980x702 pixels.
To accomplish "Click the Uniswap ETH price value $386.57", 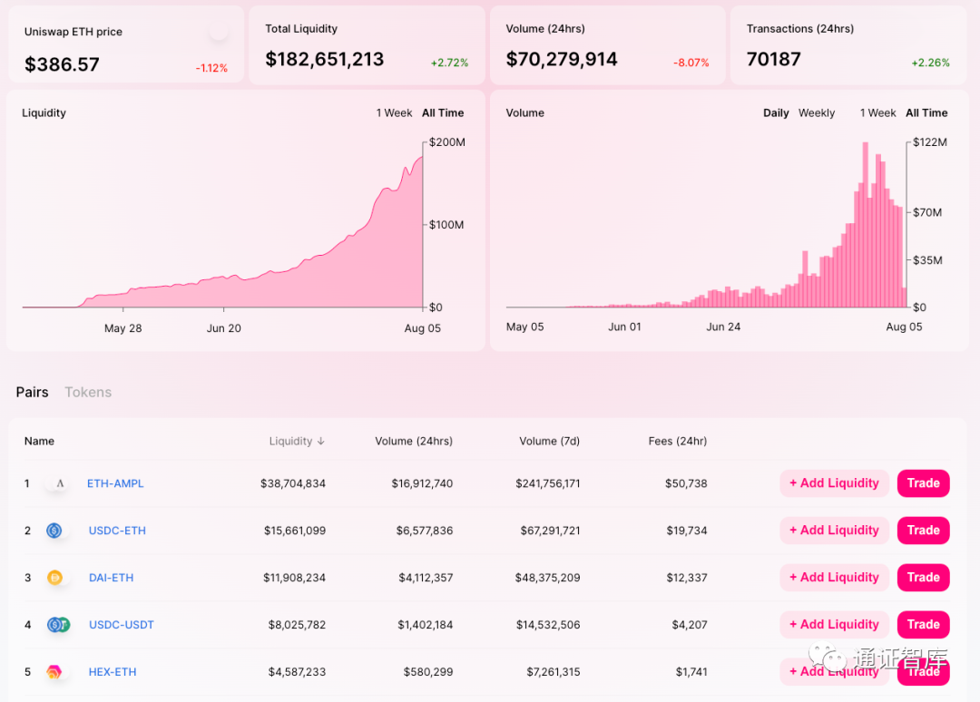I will [x=62, y=64].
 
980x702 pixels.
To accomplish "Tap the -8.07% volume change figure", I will [x=691, y=63].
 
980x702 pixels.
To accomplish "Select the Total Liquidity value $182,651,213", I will [x=325, y=59].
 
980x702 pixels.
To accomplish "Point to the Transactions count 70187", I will [x=774, y=59].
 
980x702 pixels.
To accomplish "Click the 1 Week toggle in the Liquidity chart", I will [x=395, y=113].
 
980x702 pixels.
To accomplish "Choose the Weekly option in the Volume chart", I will [x=817, y=113].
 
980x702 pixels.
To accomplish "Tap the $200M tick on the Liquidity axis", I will [x=447, y=142].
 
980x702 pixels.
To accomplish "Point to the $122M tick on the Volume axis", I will [x=929, y=142].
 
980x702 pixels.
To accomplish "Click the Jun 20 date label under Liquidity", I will [x=224, y=328].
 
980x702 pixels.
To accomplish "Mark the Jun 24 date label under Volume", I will [x=723, y=327].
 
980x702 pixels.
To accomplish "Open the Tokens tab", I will [x=88, y=392].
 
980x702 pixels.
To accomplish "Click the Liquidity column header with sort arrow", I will [x=297, y=442].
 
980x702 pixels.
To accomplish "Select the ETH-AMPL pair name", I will [x=115, y=483].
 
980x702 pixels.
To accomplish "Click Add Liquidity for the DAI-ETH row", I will [x=834, y=578].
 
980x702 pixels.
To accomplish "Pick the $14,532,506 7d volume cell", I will [x=547, y=625].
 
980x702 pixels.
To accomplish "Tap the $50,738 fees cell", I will [x=686, y=483].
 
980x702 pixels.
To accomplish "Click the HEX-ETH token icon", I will [x=54, y=672].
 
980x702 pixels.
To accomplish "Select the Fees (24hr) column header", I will [x=678, y=442].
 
